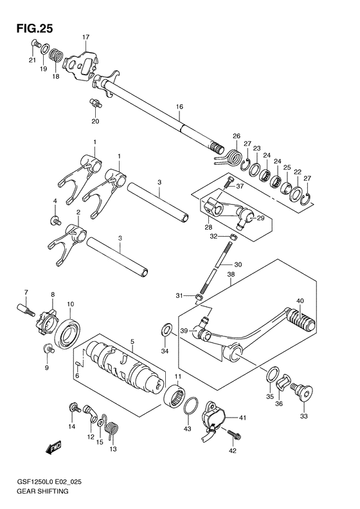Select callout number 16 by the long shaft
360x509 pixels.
click(179, 106)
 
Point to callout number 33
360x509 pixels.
click(304, 416)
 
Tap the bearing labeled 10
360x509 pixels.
click(68, 333)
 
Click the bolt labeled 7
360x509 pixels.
click(25, 310)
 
